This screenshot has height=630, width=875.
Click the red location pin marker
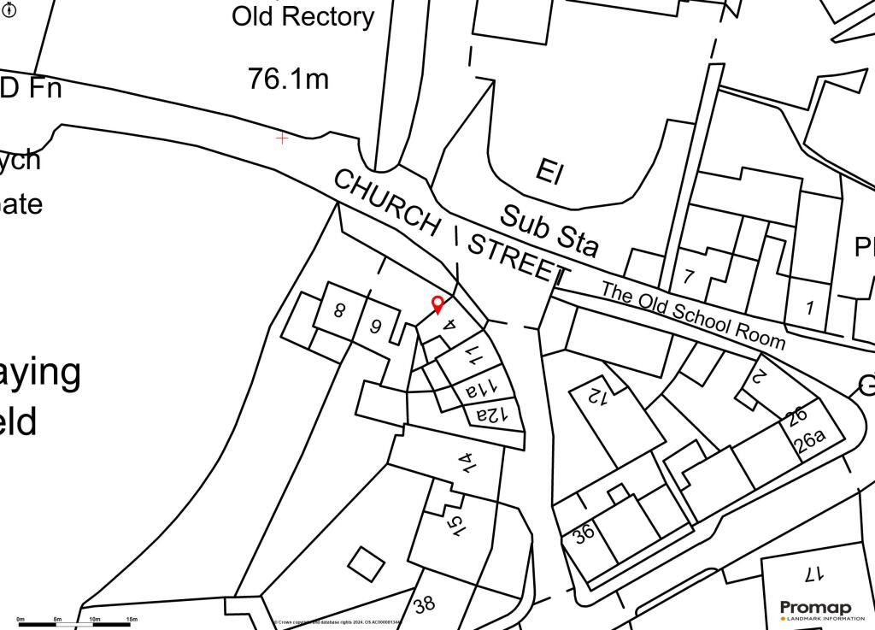point(437,303)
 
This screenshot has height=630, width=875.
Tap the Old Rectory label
point(302,16)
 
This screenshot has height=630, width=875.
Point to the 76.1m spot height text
point(288,79)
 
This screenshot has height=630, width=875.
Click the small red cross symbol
point(282,138)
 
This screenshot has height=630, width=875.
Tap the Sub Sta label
point(549,231)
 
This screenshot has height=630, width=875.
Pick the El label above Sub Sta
point(549,172)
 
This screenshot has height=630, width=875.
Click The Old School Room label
point(692,314)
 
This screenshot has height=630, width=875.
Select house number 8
point(339,310)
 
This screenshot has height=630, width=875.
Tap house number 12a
point(492,415)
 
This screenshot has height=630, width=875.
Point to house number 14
point(466,462)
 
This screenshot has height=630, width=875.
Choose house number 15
point(456,525)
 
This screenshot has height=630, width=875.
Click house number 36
point(584,534)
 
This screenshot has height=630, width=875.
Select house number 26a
point(810,441)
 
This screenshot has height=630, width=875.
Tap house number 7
point(689,276)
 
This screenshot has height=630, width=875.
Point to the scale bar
point(73,624)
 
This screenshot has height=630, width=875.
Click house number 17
point(812,571)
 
